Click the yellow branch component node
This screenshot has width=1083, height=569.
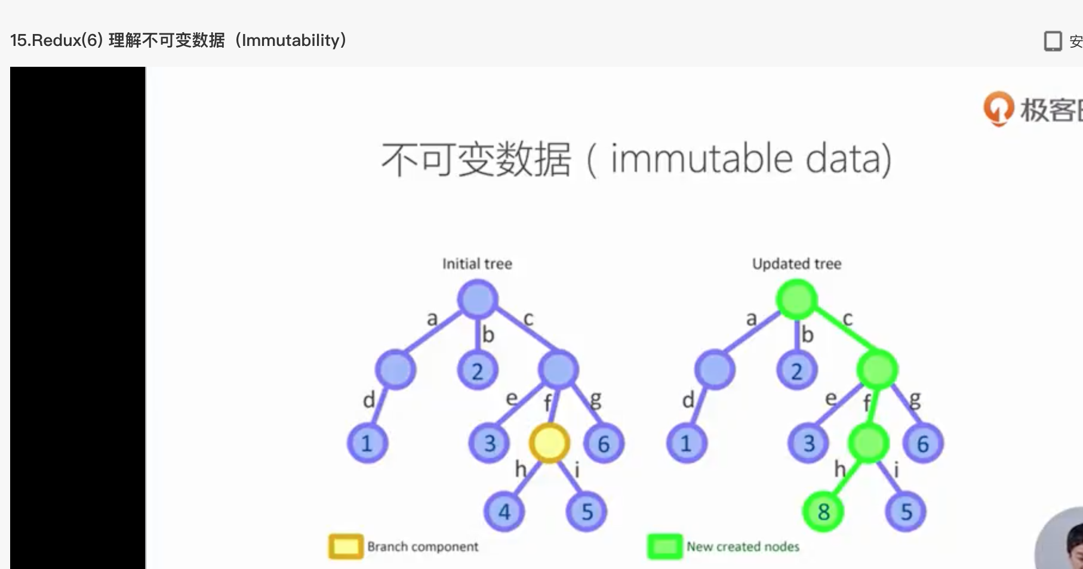click(x=549, y=443)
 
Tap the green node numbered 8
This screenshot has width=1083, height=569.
click(x=823, y=512)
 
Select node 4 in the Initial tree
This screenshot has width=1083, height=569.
click(x=504, y=512)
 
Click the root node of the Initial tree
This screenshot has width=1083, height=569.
click(x=478, y=299)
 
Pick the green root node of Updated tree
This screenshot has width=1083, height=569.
click(x=796, y=299)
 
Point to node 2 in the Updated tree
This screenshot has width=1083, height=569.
click(x=796, y=371)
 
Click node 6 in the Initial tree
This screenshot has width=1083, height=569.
click(x=604, y=444)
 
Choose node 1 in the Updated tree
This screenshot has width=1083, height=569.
click(x=686, y=443)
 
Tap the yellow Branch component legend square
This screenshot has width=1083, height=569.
click(x=346, y=546)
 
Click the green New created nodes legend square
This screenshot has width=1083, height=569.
click(x=664, y=546)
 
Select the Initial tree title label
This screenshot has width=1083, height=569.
click(x=477, y=264)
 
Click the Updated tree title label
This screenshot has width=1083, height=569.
click(x=796, y=264)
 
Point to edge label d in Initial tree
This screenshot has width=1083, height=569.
click(x=369, y=400)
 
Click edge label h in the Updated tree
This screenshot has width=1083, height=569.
click(x=839, y=469)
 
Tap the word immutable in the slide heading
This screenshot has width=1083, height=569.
click(x=702, y=159)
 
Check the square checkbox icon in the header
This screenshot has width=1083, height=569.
click(x=1053, y=41)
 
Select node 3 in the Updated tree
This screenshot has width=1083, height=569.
click(x=809, y=443)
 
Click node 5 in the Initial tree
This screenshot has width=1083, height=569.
click(x=587, y=512)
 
